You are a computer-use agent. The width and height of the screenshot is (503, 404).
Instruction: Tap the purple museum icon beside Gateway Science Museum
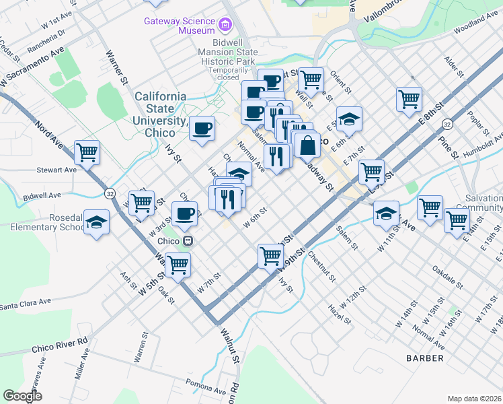(x=225, y=26)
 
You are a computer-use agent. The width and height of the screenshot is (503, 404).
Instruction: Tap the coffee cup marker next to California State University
(x=202, y=128)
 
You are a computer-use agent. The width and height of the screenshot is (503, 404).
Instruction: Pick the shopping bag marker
(x=307, y=144)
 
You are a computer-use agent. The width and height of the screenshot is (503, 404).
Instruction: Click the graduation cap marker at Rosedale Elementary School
(x=96, y=223)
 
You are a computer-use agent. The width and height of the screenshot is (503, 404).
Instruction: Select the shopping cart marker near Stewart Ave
(x=87, y=152)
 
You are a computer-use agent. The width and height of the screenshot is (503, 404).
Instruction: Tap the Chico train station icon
(x=189, y=240)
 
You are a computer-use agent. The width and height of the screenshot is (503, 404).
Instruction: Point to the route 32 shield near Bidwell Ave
(x=109, y=193)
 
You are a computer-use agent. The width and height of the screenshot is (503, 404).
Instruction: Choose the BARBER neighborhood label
(x=424, y=358)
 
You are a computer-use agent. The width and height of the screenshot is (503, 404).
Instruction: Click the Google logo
(x=22, y=396)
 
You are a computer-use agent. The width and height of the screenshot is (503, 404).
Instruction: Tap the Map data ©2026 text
(x=473, y=399)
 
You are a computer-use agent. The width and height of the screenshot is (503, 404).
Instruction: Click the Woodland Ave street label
(x=477, y=30)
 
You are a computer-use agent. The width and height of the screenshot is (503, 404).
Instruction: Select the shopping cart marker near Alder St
(x=409, y=100)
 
